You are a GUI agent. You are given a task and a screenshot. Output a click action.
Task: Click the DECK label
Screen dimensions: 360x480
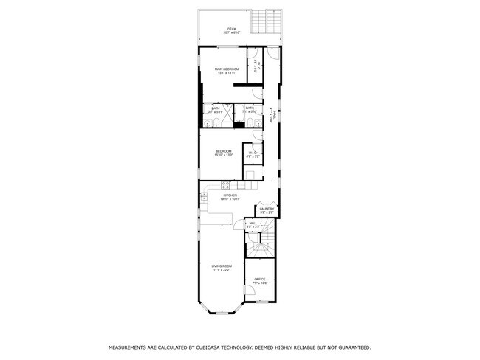coord(232,29)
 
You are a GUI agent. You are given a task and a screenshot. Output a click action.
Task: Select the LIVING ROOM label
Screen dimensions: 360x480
coord(222,266)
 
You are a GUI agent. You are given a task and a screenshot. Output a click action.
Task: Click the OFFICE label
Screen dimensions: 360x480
coord(260,279)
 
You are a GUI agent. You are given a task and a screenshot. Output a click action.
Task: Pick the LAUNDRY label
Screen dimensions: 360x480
coord(267,209)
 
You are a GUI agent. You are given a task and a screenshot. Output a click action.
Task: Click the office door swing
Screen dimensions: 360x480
coord(250,291)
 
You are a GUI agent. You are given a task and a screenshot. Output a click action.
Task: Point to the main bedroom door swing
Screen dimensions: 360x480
coord(256,93)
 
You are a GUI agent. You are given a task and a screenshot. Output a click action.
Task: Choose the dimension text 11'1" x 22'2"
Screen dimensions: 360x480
coord(222,270)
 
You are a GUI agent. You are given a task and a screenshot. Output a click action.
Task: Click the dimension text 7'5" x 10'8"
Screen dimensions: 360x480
coord(260,283)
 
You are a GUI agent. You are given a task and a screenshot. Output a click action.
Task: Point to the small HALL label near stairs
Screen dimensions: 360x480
coord(253,223)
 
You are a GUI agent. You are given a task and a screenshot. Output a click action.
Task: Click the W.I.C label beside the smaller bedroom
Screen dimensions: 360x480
coord(252,153)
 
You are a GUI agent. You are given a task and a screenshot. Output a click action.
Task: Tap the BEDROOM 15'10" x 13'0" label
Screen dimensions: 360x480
coord(224,151)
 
